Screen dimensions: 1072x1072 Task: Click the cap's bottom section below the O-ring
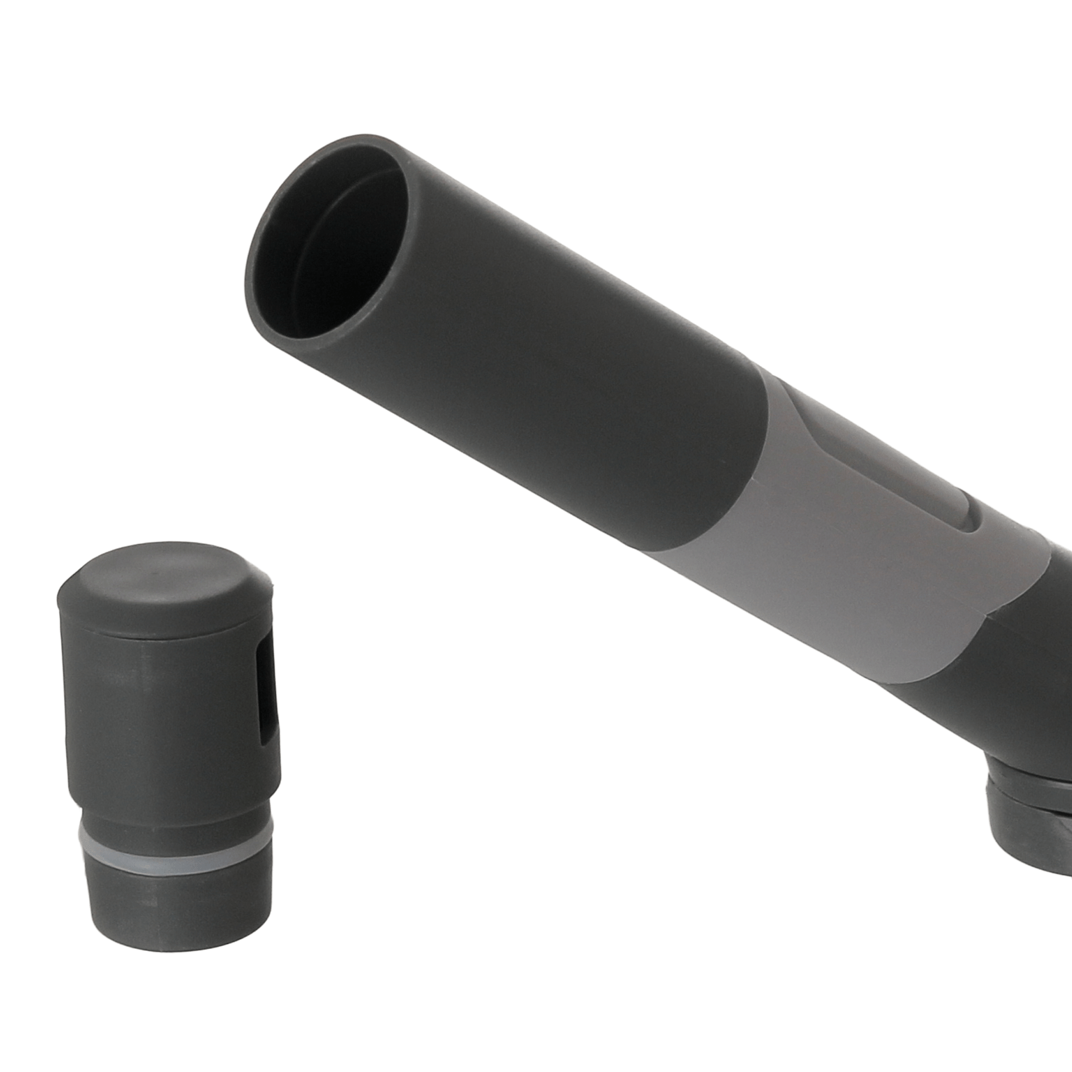179,904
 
